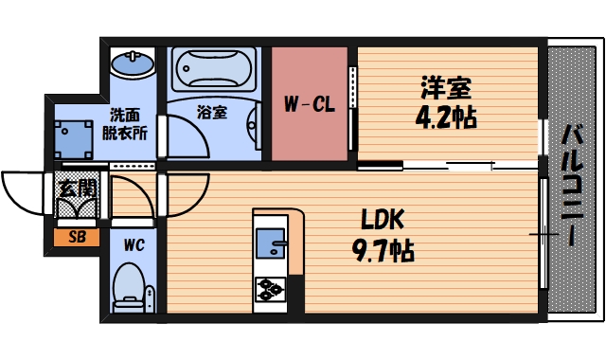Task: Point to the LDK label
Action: coord(383,221)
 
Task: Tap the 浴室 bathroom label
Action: coord(211,112)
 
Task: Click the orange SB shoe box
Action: coord(77,236)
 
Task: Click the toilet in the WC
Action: coord(128,284)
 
